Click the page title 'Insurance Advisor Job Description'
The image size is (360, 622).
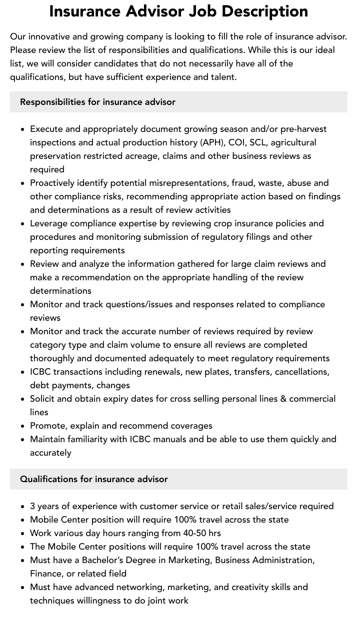point(178,11)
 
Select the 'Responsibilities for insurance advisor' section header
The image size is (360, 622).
point(97,102)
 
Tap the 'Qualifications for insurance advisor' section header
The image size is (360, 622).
point(93,479)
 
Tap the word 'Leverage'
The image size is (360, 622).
point(48,223)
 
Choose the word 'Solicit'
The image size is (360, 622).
point(43,399)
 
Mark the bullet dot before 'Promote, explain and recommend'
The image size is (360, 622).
point(23,426)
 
